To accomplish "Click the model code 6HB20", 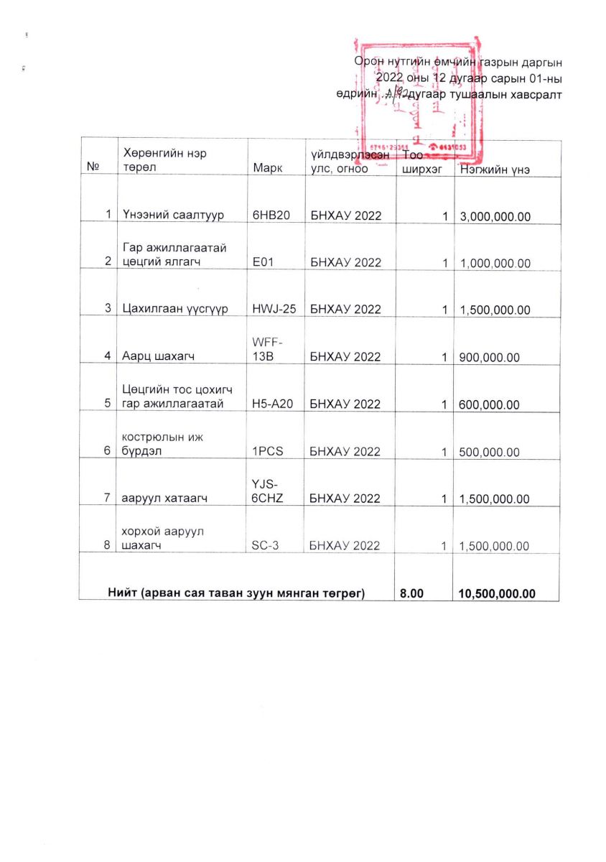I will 271,215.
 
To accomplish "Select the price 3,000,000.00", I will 495,215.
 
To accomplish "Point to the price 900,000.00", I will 489,357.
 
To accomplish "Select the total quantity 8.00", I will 412,593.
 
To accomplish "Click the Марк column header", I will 268,169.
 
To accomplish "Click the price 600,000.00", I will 489,404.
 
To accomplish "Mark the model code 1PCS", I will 269,452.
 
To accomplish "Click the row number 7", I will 106,499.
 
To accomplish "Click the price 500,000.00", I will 489,452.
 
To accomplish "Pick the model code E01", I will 262,262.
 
